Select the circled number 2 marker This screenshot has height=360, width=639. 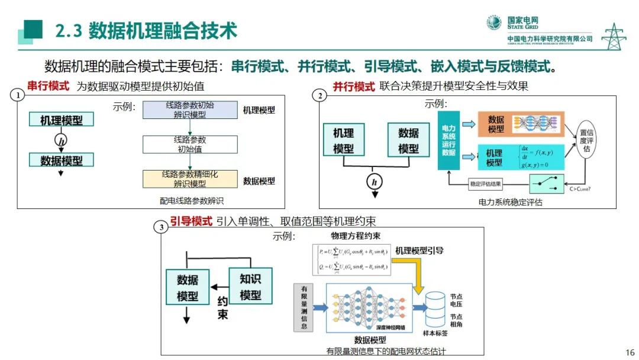click(320, 96)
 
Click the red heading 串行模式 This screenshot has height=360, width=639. click(48, 86)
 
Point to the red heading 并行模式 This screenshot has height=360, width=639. click(354, 86)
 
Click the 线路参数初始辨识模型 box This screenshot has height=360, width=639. click(190, 110)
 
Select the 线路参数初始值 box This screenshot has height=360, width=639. click(190, 144)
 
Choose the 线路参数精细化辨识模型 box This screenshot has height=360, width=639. click(190, 179)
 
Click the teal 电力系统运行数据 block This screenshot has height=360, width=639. click(448, 140)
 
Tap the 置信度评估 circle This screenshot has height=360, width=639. click(586, 141)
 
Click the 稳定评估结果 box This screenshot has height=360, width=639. click(488, 184)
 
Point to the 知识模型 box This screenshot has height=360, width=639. click(250, 287)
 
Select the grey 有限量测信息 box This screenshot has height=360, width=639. click(304, 307)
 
